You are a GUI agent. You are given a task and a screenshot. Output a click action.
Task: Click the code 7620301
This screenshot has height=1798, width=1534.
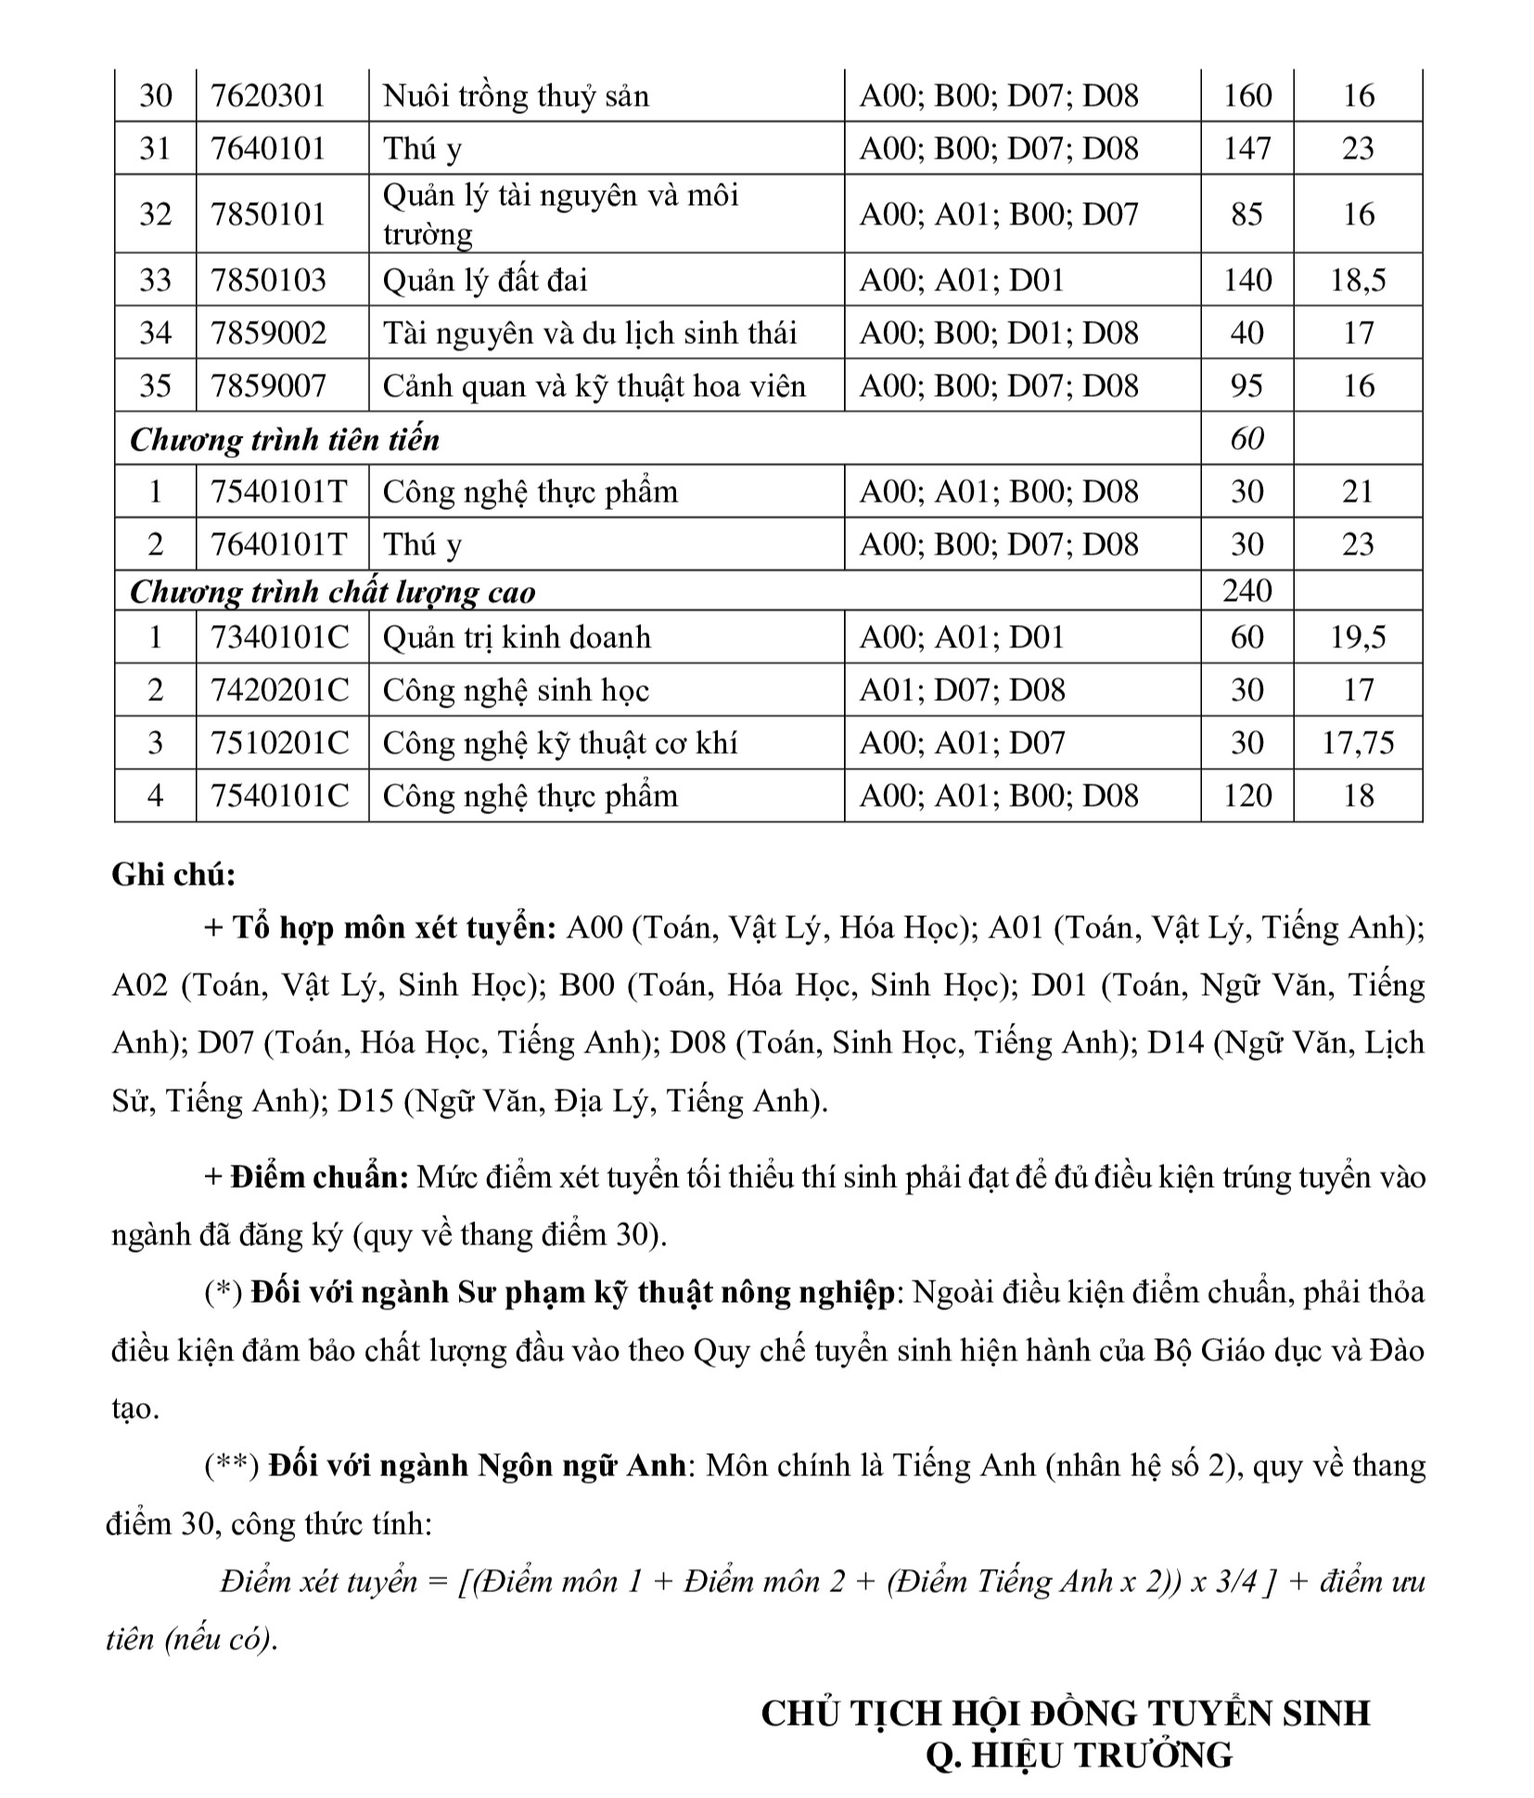pyautogui.click(x=268, y=96)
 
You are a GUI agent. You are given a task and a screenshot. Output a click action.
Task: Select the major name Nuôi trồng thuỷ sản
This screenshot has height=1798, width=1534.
pyautogui.click(x=516, y=96)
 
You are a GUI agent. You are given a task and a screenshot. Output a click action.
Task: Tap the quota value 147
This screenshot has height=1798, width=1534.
pyautogui.click(x=1246, y=148)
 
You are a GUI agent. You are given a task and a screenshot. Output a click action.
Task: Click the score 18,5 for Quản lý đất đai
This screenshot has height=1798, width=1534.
pyautogui.click(x=1358, y=280)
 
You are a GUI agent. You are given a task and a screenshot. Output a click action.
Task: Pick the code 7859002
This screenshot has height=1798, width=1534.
pyautogui.click(x=269, y=333)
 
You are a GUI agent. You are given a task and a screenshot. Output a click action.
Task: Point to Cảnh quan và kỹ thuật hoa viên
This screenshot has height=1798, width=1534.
pyautogui.click(x=594, y=386)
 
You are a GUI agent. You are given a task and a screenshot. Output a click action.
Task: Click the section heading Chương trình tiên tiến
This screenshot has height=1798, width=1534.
pyautogui.click(x=285, y=439)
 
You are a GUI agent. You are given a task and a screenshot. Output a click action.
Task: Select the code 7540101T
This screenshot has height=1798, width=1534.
pyautogui.click(x=279, y=491)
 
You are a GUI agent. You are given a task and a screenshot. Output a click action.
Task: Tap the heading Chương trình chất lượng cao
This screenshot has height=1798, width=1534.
pyautogui.click(x=333, y=592)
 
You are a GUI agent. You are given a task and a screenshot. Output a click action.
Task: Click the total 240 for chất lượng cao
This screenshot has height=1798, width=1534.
pyautogui.click(x=1246, y=591)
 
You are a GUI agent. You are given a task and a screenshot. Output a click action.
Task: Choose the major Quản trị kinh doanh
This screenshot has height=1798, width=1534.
pyautogui.click(x=517, y=638)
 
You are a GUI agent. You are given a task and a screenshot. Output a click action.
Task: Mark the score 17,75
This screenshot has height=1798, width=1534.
pyautogui.click(x=1358, y=744)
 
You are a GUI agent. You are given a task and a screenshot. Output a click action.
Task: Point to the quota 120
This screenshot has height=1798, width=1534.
pyautogui.click(x=1246, y=797)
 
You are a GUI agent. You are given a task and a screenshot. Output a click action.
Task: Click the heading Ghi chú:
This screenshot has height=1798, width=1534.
pyautogui.click(x=173, y=875)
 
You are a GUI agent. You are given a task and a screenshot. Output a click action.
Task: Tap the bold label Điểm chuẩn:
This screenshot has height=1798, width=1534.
pyautogui.click(x=321, y=1178)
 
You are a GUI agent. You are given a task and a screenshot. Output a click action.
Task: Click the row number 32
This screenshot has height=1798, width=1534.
pyautogui.click(x=155, y=214)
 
